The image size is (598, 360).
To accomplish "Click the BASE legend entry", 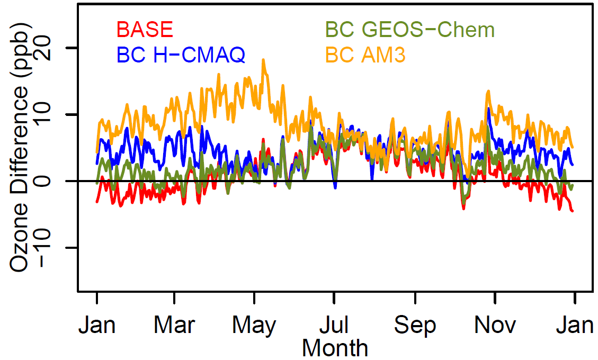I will (145, 30).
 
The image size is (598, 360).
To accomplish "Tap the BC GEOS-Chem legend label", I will (410, 30).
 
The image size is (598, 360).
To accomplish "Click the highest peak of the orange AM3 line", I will (263, 60).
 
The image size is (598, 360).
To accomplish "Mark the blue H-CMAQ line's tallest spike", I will (488, 109).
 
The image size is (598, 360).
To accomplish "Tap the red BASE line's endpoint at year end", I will (573, 211).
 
